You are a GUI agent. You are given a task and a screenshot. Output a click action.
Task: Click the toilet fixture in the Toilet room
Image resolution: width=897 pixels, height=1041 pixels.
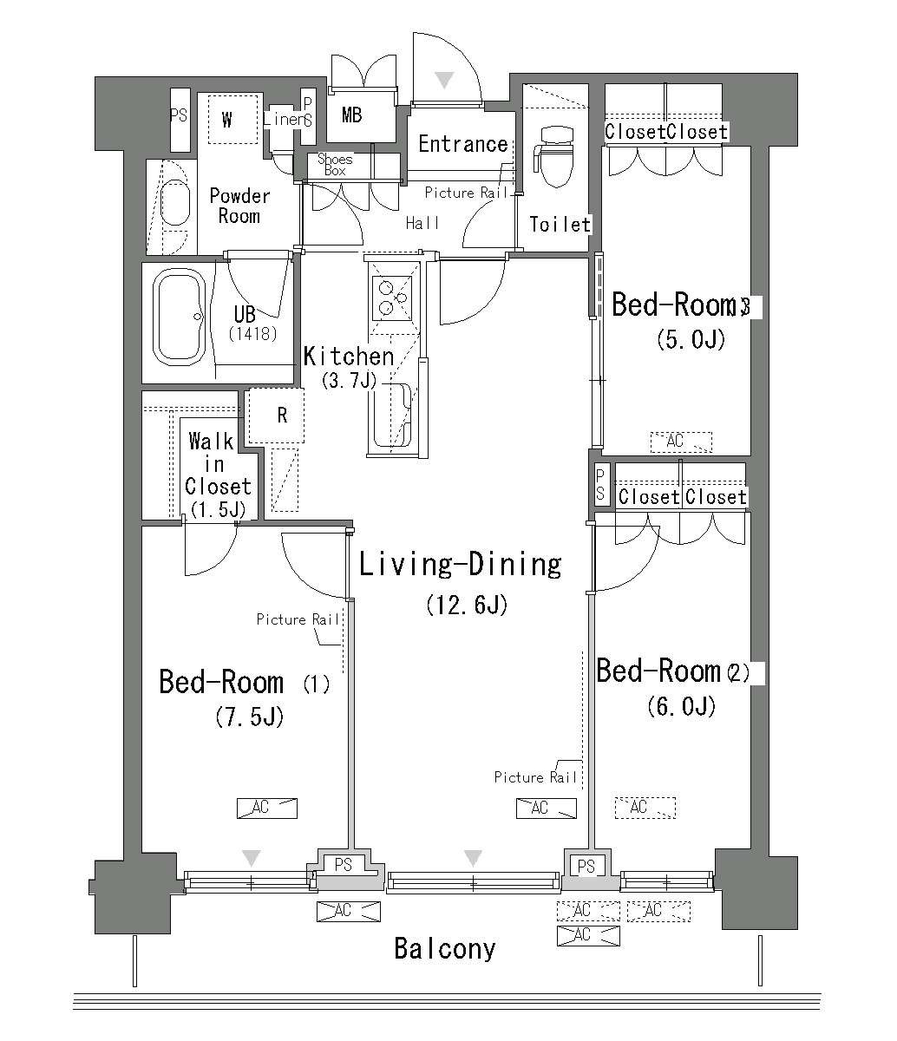(556, 155)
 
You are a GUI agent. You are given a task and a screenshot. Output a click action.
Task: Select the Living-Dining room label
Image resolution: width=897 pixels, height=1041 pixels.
(460, 565)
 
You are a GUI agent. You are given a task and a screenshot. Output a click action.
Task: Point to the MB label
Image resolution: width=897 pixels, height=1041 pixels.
(351, 115)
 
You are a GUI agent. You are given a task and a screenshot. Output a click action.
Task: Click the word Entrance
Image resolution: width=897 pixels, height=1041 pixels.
(463, 144)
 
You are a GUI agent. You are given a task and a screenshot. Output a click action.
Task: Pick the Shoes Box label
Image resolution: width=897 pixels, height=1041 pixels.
(335, 165)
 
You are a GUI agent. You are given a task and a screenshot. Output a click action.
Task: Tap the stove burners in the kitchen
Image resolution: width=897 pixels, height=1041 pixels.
(392, 298)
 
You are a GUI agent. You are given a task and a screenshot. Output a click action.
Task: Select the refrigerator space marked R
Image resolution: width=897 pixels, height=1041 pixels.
(277, 416)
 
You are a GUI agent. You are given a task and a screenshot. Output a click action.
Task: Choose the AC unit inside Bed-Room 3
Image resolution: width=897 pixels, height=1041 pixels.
(681, 442)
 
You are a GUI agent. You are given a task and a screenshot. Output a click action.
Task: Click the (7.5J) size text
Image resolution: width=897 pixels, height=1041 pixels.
(249, 717)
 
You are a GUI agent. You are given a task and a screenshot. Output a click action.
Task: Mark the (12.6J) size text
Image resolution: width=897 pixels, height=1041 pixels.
(467, 605)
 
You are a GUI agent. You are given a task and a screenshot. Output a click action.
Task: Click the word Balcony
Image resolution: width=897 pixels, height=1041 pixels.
(445, 948)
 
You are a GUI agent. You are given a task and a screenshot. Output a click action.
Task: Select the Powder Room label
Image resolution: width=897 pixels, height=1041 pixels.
(239, 206)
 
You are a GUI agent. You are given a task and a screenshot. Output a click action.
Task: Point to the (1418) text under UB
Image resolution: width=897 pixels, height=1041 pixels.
(252, 333)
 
